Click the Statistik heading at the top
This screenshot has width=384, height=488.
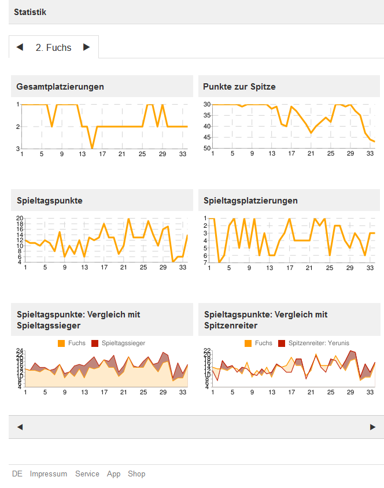pos(30,12)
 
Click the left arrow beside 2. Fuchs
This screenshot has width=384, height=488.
pos(20,47)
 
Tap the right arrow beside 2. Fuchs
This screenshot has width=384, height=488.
pos(87,47)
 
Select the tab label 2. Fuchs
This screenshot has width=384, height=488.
pos(53,47)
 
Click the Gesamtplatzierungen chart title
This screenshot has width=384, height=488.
pos(60,87)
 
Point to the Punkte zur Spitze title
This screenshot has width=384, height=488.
pos(239,87)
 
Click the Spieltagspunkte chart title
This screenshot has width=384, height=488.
pos(50,201)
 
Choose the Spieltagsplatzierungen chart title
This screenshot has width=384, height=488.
pos(251,201)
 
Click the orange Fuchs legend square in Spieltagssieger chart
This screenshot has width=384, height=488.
pos(62,343)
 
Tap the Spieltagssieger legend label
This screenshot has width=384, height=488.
pos(123,343)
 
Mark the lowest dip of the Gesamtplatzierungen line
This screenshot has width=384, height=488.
pos(92,149)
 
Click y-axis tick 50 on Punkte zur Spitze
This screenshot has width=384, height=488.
pos(206,149)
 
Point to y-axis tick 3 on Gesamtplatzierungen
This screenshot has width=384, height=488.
pos(18,149)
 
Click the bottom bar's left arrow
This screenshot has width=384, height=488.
pos(20,427)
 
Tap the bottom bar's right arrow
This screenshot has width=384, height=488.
pos(372,427)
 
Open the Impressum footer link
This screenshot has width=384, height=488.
pos(49,474)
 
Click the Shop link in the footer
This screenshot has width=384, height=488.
pos(136,474)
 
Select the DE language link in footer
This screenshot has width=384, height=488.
pos(17,474)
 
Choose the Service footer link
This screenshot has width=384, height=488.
pos(87,474)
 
